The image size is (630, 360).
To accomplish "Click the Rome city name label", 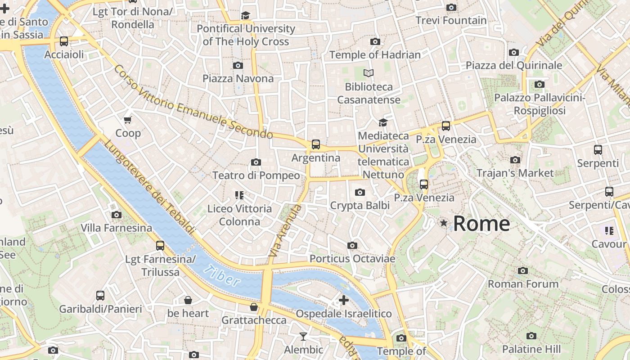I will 481,223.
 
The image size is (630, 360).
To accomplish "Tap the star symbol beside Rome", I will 444,223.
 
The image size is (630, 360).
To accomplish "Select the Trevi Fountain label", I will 451,20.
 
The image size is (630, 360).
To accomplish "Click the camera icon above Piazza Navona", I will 238,65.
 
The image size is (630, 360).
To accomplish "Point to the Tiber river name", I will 221,276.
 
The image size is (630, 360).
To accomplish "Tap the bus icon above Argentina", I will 316,144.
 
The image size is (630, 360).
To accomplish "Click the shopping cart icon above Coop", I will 128,120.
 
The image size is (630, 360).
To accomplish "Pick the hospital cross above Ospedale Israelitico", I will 344,300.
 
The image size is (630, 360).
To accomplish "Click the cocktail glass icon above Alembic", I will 303,336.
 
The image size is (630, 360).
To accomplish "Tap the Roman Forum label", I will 523,284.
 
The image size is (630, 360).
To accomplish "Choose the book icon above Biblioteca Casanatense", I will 369,73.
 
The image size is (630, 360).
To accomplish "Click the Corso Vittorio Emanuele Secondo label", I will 193,102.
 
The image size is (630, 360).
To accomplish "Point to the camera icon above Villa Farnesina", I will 117,215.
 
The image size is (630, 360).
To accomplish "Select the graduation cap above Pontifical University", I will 245,16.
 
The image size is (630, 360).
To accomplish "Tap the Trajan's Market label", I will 515,173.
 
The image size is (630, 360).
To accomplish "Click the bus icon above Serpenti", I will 598,150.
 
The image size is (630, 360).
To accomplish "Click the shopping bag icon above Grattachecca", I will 254,307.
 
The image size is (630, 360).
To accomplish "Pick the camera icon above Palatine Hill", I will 531,336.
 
